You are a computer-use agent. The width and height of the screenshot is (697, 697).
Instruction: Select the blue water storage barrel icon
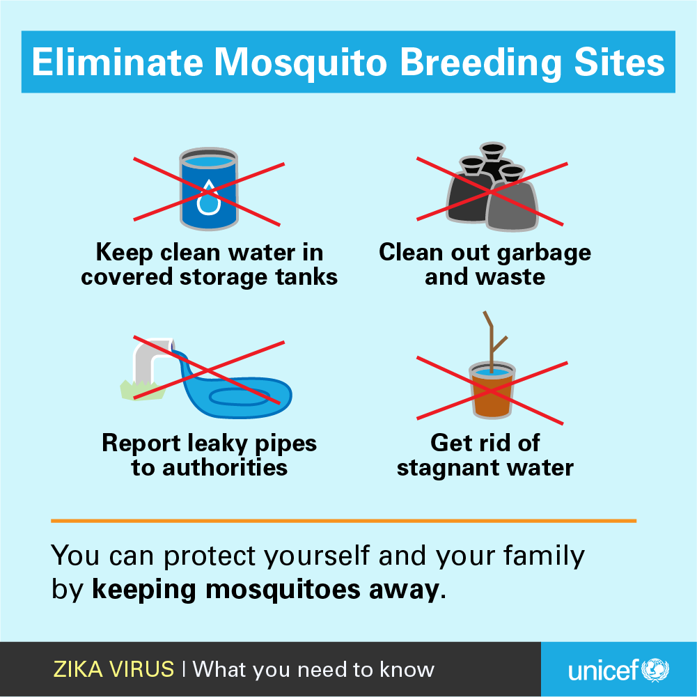pos(208,189)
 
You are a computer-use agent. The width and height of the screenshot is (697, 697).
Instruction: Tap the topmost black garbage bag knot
pos(493,150)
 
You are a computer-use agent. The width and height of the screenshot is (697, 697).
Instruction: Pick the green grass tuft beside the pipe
pos(142,390)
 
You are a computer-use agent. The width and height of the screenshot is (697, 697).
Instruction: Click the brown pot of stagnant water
pos(492,391)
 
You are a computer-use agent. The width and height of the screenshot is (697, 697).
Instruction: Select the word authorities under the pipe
pos(225,467)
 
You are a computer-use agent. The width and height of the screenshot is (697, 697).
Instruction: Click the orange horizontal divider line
pos(343,521)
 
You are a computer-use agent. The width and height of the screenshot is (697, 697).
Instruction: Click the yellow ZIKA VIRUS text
pos(113,669)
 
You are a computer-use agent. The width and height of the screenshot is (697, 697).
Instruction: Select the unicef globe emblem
pos(655,670)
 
